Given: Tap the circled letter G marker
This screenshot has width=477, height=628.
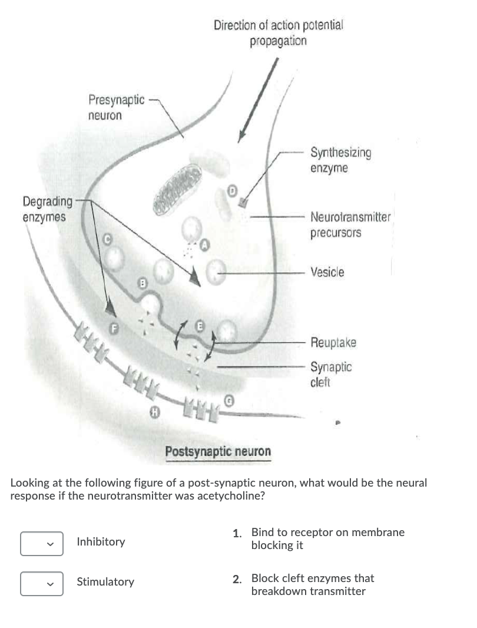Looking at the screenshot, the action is [227, 401].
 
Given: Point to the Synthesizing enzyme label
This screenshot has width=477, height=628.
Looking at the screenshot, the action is [340, 160].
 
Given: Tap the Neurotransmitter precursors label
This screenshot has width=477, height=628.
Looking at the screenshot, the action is [350, 224].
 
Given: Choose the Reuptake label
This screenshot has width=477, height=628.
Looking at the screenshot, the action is [333, 342].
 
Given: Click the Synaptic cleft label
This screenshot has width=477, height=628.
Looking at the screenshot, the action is [331, 374].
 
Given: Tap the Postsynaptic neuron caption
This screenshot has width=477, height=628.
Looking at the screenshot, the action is [218, 452].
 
